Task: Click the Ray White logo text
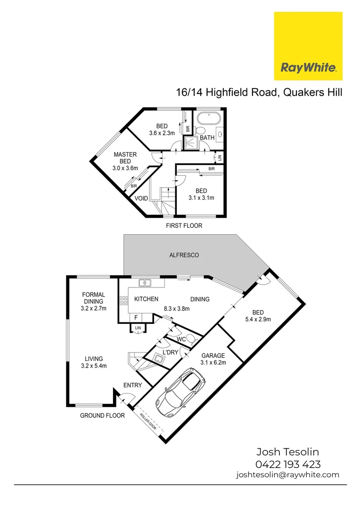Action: (x=308, y=67)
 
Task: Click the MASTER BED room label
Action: (x=125, y=157)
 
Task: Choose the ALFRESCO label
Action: (x=184, y=255)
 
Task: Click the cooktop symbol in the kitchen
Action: (x=124, y=301)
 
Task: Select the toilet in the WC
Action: (x=190, y=338)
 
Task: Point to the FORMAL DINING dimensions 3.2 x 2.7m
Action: (x=93, y=309)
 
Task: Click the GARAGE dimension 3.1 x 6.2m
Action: (x=213, y=362)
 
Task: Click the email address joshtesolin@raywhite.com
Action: (x=287, y=475)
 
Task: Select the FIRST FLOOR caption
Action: (x=184, y=226)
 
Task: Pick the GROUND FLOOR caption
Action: (x=102, y=415)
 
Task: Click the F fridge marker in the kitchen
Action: (x=136, y=318)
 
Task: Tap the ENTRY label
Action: (x=132, y=385)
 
